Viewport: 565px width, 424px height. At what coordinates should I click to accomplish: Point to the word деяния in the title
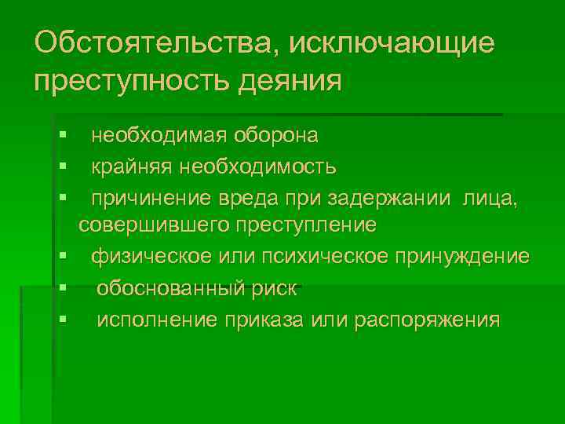click(x=293, y=82)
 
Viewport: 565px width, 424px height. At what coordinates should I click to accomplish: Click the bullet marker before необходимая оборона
click(x=62, y=137)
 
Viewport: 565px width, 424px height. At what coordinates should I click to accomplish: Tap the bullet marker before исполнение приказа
click(x=62, y=320)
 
